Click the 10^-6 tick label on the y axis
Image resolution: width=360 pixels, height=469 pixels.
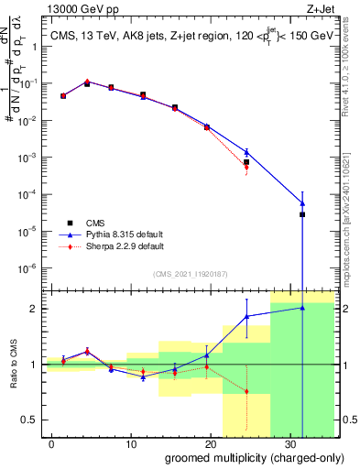30,268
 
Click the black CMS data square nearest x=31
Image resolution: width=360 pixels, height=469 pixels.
302,214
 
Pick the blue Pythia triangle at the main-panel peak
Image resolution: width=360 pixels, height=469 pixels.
87,82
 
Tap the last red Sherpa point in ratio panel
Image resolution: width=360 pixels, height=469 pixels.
246,391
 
